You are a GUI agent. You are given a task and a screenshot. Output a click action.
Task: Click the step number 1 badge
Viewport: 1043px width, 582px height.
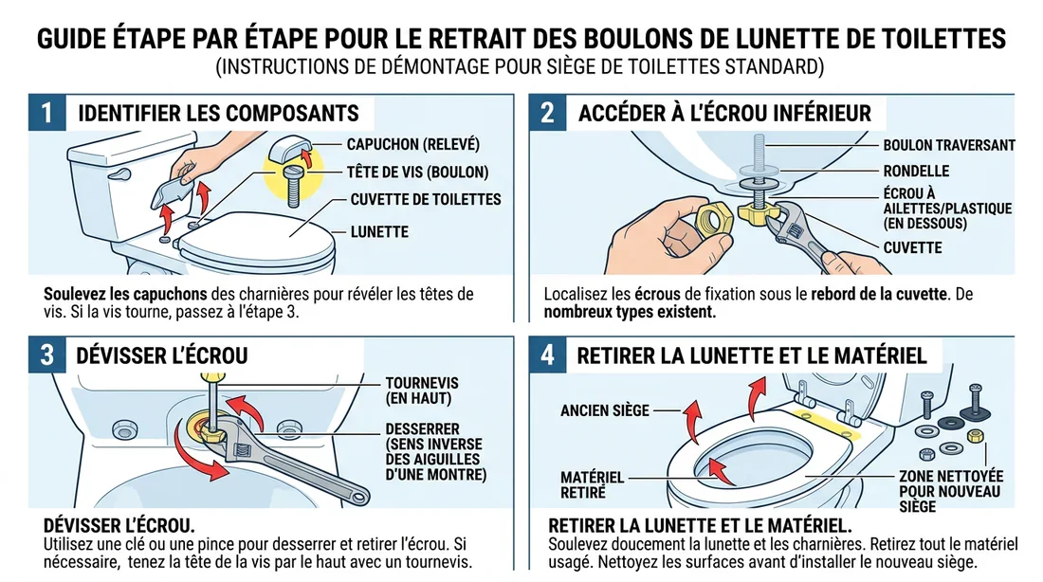tap(47, 113)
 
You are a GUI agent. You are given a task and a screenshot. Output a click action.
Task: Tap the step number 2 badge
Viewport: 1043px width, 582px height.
tap(547, 113)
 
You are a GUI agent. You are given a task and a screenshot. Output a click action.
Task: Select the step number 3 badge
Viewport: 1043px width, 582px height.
tap(47, 355)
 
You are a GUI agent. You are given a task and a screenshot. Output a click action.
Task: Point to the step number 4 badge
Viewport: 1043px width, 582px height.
tap(547, 355)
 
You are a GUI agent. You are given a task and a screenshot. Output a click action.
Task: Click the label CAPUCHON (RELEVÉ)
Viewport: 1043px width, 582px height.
tap(413, 144)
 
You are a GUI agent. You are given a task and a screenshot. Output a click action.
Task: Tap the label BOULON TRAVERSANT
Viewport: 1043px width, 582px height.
tap(948, 145)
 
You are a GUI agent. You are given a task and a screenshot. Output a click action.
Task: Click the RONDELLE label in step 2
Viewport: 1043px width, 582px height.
tap(917, 172)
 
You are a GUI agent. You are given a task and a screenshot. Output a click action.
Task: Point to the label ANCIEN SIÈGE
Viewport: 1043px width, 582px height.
tap(605, 410)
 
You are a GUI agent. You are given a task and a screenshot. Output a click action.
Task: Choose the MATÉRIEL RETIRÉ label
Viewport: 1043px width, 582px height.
tap(593, 484)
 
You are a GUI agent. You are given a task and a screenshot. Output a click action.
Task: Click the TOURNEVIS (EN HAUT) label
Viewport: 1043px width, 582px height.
tap(423, 390)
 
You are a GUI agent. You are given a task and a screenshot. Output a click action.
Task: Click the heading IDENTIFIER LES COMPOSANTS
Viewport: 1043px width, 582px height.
tap(218, 114)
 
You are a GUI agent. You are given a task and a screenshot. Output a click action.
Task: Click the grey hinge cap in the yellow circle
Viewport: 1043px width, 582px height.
tap(289, 151)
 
